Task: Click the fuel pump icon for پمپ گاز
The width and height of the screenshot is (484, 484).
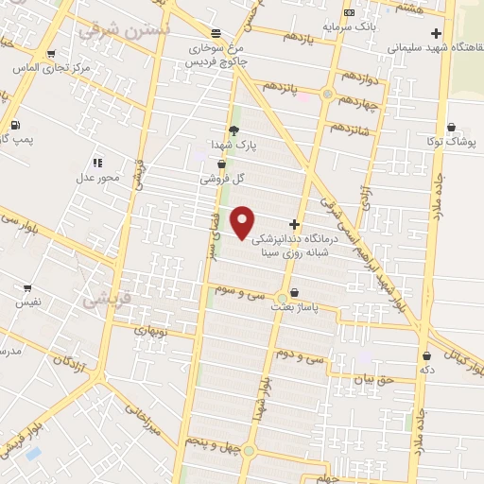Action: pos(15,125)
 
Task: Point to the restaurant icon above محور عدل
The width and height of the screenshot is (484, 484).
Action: pos(98,163)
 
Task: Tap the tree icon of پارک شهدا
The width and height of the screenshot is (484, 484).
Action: pos(233,130)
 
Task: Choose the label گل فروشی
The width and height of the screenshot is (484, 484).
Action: pos(223,178)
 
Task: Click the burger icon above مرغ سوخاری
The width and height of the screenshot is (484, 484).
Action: pos(216,31)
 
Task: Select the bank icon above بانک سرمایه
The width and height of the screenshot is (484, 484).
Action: pos(350,12)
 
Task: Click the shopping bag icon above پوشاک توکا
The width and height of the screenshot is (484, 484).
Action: pos(451,127)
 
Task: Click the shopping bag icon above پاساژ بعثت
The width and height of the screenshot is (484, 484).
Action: pos(296,293)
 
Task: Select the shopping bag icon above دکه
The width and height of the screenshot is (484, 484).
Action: pos(427,356)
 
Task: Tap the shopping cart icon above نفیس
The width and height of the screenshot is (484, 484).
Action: pos(26,288)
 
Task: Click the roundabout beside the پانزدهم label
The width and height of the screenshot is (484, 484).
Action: pos(328,95)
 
